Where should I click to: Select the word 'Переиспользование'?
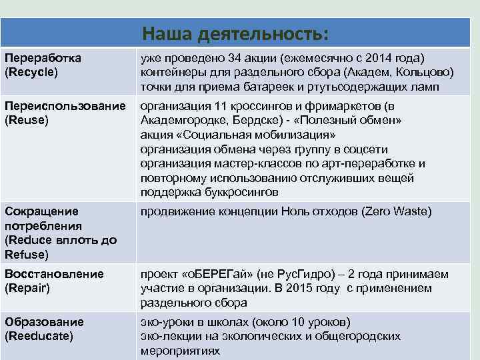pyautogui.click(x=65, y=106)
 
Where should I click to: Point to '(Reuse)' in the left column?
pyautogui.click(x=27, y=120)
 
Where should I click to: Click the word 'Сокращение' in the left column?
pyautogui.click(x=41, y=211)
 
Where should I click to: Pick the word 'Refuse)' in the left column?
pyautogui.click(x=26, y=254)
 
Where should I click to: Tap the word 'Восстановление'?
pyautogui.click(x=54, y=274)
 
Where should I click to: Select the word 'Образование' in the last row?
pyautogui.click(x=44, y=321)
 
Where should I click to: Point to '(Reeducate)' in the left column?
pyautogui.click(x=39, y=335)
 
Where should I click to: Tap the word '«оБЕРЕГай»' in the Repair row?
pyautogui.click(x=208, y=275)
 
